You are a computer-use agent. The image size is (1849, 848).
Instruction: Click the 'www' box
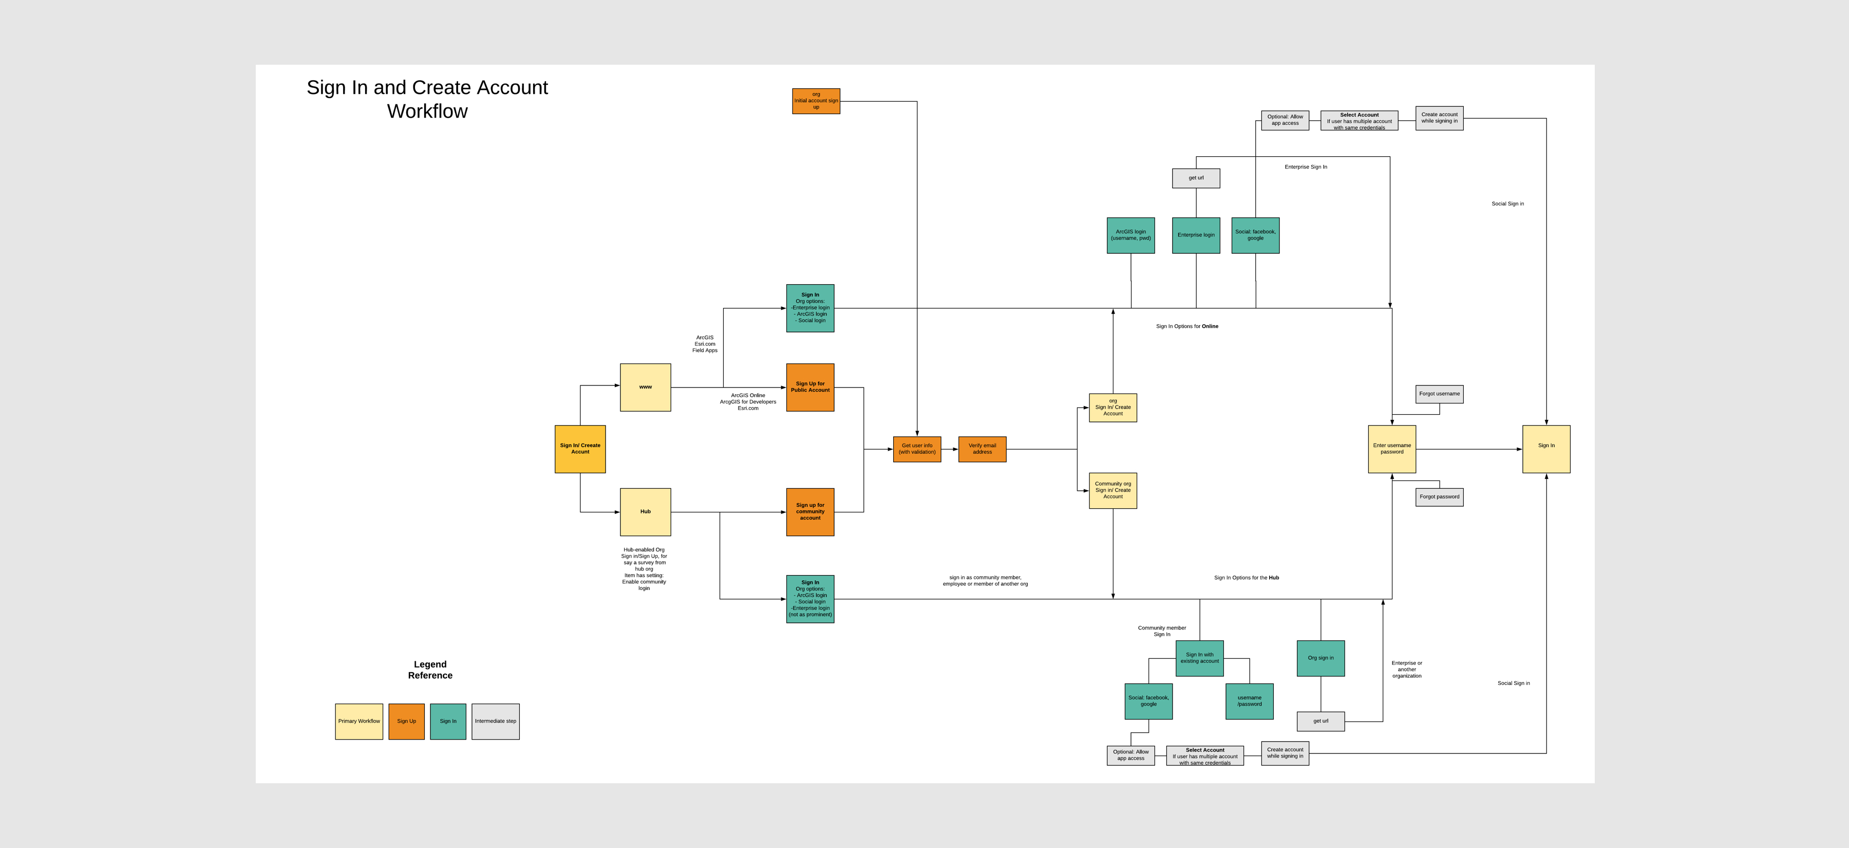coord(645,388)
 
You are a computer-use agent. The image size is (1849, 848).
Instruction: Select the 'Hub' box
coord(645,512)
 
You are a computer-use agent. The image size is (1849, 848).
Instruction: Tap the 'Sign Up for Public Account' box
coord(809,388)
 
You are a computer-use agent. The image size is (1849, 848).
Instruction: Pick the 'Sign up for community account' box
coord(809,512)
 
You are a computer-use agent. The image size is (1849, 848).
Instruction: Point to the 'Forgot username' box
coord(1439,394)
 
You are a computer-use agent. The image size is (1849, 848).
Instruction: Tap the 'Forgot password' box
coord(1439,497)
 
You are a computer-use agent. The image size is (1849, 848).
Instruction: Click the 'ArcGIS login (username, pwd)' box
coord(1130,235)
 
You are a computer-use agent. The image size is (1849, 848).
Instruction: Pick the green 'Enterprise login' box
coord(1196,235)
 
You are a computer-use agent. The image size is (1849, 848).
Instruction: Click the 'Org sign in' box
coord(1320,658)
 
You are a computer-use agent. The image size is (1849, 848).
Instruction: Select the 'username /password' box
coord(1249,702)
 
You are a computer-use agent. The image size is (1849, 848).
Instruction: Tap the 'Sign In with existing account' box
coord(1199,658)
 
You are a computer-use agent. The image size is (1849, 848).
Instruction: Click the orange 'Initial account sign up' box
coord(816,101)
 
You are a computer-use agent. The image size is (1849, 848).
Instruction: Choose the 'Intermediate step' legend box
coord(495,722)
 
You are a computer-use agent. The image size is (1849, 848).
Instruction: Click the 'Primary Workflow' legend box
coord(359,722)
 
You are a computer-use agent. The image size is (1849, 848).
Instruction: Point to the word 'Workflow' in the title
coord(427,112)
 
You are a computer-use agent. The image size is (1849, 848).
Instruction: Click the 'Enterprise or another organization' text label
coord(1406,669)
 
